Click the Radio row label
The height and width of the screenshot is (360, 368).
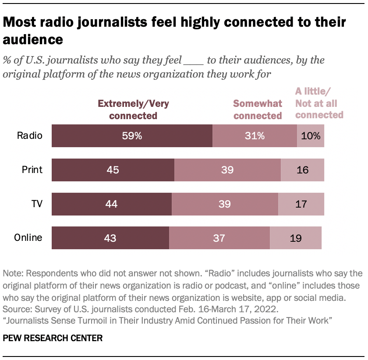pyautogui.click(x=29, y=136)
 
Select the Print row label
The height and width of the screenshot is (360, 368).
pyautogui.click(x=32, y=170)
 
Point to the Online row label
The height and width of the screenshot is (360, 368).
pyautogui.click(x=28, y=238)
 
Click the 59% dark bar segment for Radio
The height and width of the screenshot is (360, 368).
pyautogui.click(x=132, y=136)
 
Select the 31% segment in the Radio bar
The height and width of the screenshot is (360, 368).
pyautogui.click(x=255, y=136)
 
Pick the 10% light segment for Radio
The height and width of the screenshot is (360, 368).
pyautogui.click(x=311, y=136)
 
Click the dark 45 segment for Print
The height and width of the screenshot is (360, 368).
pyautogui.click(x=113, y=170)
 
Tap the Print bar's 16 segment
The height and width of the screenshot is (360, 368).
pyautogui.click(x=302, y=170)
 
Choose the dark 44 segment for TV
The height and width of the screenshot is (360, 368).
pyautogui.click(x=112, y=204)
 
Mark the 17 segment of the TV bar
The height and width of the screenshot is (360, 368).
pyautogui.click(x=301, y=204)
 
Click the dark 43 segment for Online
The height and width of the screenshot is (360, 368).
pyautogui.click(x=110, y=238)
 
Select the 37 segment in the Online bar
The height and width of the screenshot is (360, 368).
pyautogui.click(x=219, y=238)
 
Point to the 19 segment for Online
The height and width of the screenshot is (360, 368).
pyautogui.click(x=296, y=238)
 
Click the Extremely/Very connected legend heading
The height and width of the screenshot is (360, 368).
pyautogui.click(x=133, y=109)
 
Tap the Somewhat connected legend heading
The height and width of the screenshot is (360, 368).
pyautogui.click(x=257, y=109)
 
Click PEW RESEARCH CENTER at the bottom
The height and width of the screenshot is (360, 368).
pyautogui.click(x=53, y=338)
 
